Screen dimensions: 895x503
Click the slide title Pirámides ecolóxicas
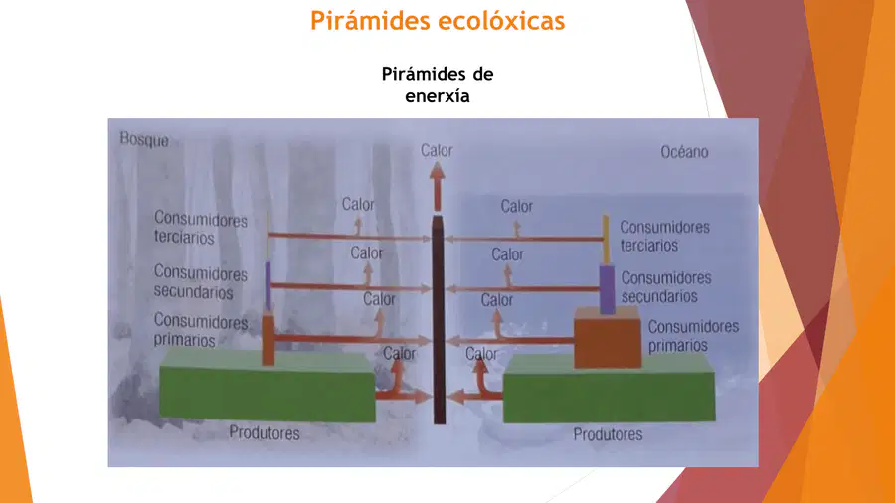(x=438, y=21)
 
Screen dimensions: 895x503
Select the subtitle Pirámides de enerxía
(x=438, y=84)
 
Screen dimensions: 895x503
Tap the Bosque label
(x=144, y=140)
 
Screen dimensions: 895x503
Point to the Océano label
(x=684, y=152)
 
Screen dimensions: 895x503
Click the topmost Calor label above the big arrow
(x=437, y=150)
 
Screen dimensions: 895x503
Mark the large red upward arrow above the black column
(x=438, y=187)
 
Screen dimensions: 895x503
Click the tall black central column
(x=439, y=319)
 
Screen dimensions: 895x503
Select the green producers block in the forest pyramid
(x=268, y=387)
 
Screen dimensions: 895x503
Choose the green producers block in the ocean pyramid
(x=609, y=389)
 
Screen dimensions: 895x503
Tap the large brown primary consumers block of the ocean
(x=608, y=337)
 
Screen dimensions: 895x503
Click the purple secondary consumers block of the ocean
(x=607, y=289)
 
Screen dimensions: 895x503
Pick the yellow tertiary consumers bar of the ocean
(x=606, y=240)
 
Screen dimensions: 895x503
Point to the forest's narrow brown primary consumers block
(x=268, y=339)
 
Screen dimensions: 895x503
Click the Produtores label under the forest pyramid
(x=265, y=433)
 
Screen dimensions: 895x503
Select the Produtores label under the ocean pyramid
(x=608, y=434)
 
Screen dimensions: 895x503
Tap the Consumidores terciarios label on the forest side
(x=200, y=228)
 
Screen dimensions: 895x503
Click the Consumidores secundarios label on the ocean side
(x=666, y=287)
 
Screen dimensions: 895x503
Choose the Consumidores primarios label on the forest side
(x=200, y=330)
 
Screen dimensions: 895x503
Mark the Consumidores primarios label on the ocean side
(x=693, y=336)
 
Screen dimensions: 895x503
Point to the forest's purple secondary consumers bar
(x=268, y=286)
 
